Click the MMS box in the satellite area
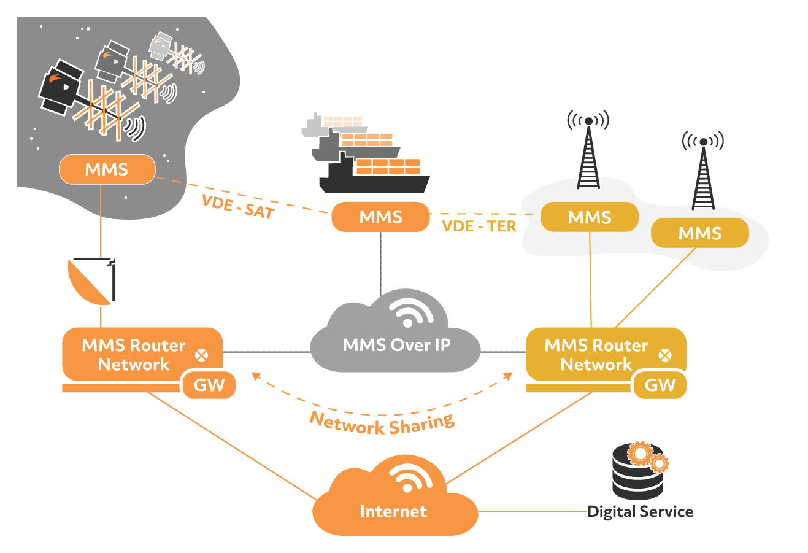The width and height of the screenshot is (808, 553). click(x=107, y=169)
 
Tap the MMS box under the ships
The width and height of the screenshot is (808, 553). click(x=380, y=217)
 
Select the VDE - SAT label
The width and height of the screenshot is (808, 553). click(x=238, y=207)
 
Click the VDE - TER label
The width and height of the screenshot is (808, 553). click(x=479, y=226)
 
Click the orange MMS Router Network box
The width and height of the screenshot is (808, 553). click(x=134, y=354)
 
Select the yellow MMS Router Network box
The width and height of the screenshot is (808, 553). click(x=596, y=354)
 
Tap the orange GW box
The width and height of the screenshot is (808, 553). click(x=209, y=385)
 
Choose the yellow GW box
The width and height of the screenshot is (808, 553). click(x=660, y=385)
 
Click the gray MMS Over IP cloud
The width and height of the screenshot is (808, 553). click(x=396, y=344)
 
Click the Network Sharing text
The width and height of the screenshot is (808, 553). click(x=382, y=424)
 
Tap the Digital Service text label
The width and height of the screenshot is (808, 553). click(x=640, y=512)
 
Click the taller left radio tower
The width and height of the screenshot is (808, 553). click(x=588, y=157)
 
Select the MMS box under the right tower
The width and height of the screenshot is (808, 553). click(x=699, y=233)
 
